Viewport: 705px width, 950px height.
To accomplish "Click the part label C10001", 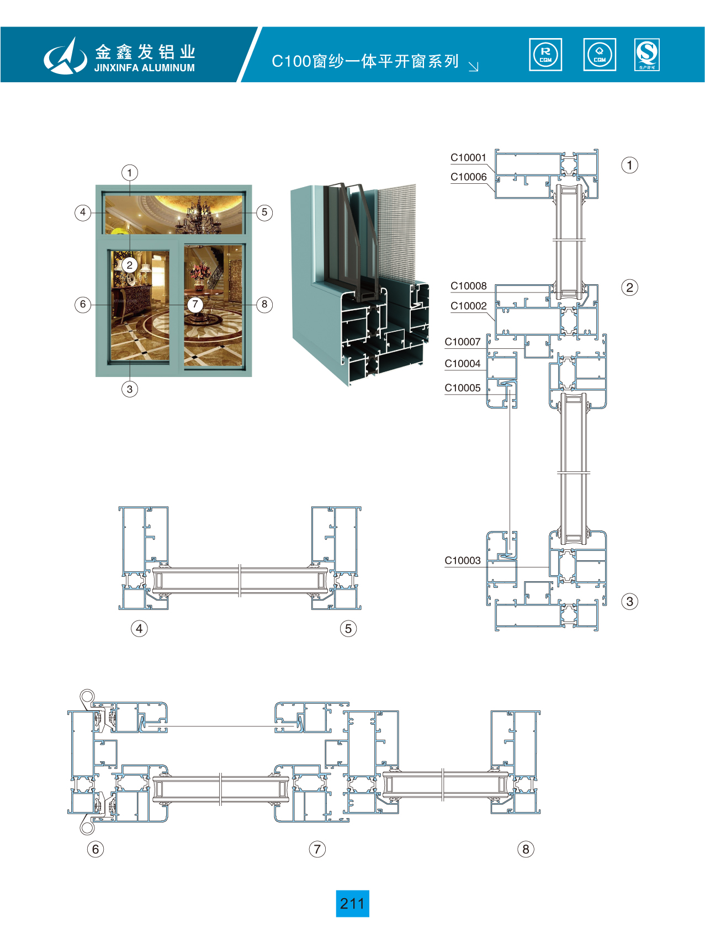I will click(x=468, y=158).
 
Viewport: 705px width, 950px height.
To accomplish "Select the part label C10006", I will click(x=468, y=177).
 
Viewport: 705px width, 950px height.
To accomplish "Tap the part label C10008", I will click(x=468, y=286).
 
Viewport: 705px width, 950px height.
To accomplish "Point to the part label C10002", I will click(x=468, y=306).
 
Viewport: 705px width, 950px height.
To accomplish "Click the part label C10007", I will click(x=462, y=342).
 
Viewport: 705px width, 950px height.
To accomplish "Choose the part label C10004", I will click(x=462, y=364).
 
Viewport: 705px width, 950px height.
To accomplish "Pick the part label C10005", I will click(x=462, y=388).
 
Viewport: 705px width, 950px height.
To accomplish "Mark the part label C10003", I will click(x=462, y=561).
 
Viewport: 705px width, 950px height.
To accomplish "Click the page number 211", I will click(x=352, y=904).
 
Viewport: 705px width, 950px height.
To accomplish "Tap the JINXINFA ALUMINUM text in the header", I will click(x=144, y=68).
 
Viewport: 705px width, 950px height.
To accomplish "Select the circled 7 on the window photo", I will click(x=195, y=304).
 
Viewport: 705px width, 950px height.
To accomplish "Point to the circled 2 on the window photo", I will click(x=130, y=265).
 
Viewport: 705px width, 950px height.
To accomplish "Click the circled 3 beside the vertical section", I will click(x=629, y=601).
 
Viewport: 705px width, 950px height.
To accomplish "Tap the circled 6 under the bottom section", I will click(x=96, y=849).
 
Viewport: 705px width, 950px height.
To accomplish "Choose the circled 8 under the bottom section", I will click(x=526, y=849).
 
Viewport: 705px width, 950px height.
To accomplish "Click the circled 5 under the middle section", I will click(x=348, y=628).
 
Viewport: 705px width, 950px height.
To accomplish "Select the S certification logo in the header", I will click(x=646, y=55).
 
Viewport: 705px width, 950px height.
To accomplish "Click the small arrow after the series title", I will click(x=473, y=66).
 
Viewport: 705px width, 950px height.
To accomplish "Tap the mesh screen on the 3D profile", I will click(x=395, y=232).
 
